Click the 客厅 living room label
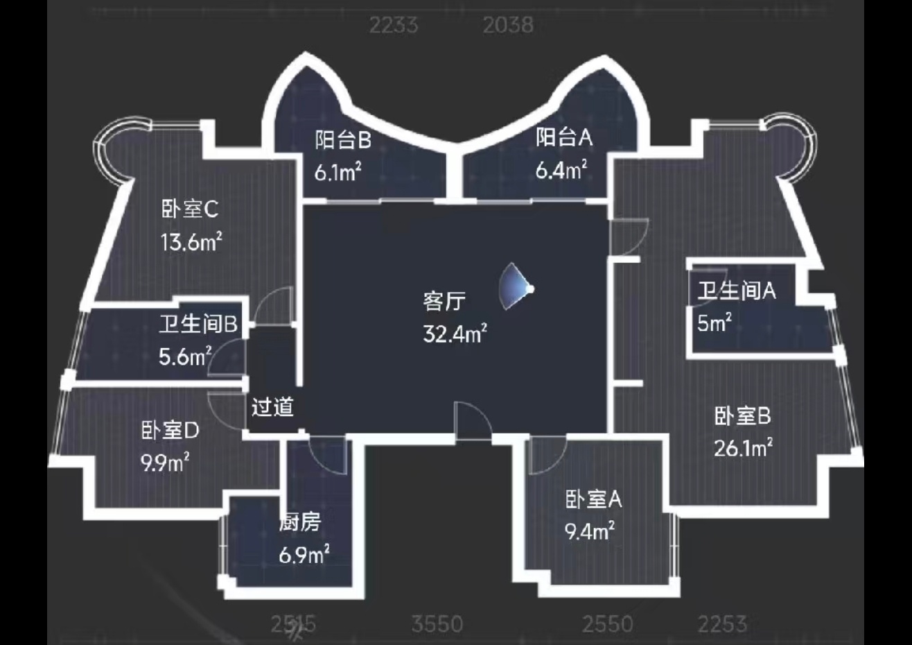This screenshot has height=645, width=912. tap(444, 302)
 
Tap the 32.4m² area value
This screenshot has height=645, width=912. tap(455, 334)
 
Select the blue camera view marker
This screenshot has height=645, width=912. tap(518, 287)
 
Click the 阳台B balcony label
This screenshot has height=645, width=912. tap(343, 140)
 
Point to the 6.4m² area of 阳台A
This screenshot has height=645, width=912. tap(561, 170)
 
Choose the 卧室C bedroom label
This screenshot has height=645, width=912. tap(190, 208)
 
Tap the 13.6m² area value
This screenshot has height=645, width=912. tap(191, 242)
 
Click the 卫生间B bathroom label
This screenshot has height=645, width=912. tap(198, 324)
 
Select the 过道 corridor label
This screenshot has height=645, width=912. tap(272, 407)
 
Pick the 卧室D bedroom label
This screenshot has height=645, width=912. tap(170, 431)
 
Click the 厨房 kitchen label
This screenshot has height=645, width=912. tap(300, 522)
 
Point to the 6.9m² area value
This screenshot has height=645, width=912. tap(304, 555)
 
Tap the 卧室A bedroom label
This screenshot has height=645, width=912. tap(593, 499)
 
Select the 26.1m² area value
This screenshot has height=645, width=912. tap(743, 449)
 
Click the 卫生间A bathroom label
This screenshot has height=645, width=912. tap(736, 291)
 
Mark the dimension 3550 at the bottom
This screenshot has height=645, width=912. tap(437, 624)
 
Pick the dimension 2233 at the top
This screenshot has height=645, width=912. tap(393, 25)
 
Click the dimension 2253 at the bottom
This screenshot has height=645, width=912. tap(722, 624)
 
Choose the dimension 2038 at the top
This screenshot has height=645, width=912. tap(508, 25)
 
